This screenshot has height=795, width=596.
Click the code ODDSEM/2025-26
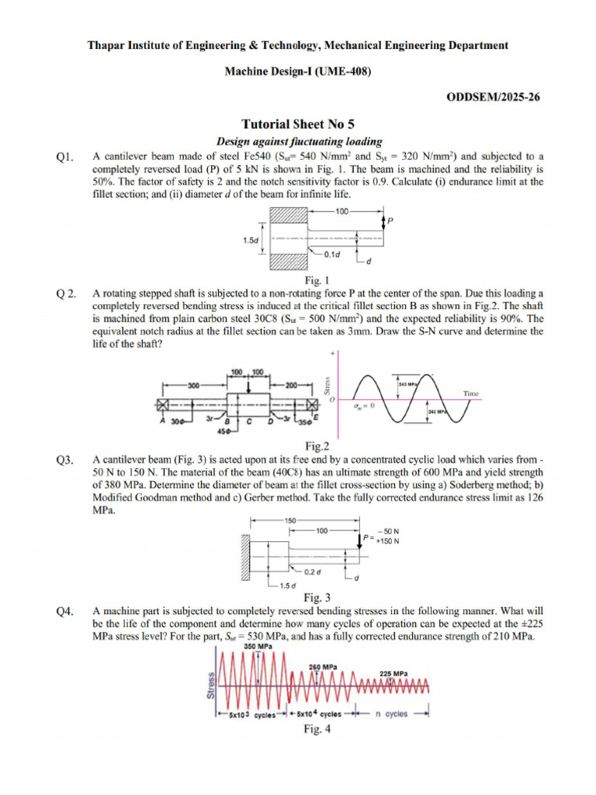[x=494, y=97]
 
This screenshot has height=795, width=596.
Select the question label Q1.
[x=64, y=158]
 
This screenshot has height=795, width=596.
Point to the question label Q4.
[x=64, y=612]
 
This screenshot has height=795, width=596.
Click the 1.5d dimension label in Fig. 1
[x=251, y=241]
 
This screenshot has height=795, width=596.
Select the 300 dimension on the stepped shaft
[x=193, y=384]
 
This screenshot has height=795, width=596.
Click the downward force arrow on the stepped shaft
[x=248, y=386]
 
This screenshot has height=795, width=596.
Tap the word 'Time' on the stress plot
[x=472, y=394]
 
